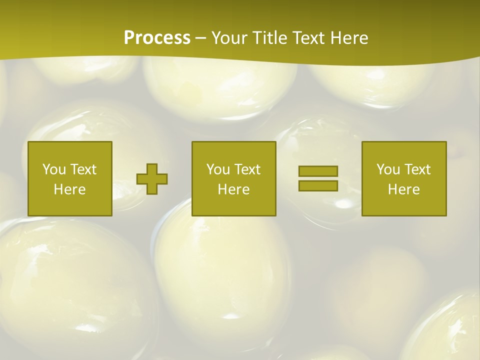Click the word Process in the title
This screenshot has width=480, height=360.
point(157,38)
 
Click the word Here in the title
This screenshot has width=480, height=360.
point(349,38)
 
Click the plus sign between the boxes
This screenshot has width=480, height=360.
point(152,179)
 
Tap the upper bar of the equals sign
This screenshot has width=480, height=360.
point(318,171)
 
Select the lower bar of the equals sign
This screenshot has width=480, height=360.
point(318,185)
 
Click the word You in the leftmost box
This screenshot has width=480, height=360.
point(54,169)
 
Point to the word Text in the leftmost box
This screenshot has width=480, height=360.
point(82,169)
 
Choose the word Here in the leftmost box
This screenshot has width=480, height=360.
point(69,189)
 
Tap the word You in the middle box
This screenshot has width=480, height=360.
point(218,169)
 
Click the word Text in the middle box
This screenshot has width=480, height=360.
point(246,169)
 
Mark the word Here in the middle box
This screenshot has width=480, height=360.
point(233,189)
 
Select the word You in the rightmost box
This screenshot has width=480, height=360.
point(388,169)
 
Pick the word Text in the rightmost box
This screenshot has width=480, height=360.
point(416,169)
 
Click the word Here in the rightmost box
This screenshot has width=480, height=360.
point(403,189)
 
